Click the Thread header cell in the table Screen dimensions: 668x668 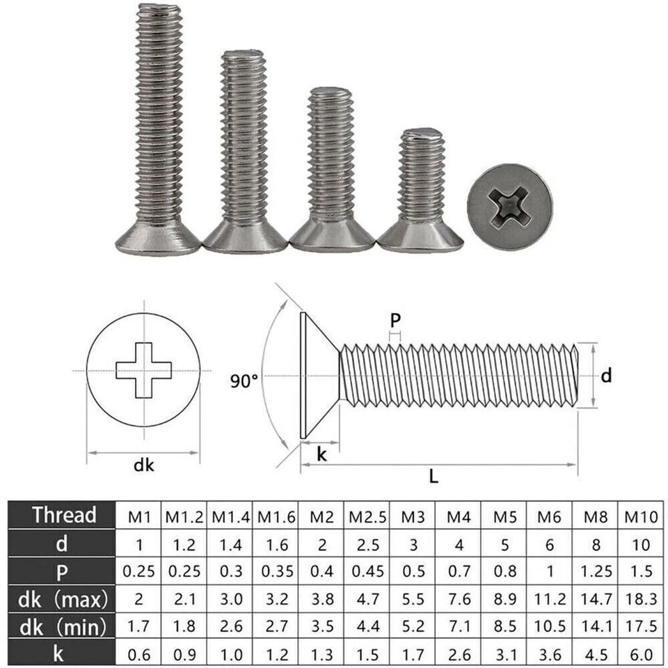click(x=63, y=516)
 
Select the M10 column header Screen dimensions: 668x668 click(x=638, y=516)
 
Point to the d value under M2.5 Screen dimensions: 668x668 click(x=367, y=544)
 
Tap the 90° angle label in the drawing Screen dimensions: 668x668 click(x=244, y=381)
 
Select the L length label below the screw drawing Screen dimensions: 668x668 click(x=434, y=476)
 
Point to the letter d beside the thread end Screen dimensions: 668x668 click(x=607, y=376)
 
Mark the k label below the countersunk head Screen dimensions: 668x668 click(x=321, y=454)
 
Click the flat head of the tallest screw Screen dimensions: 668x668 click(x=157, y=240)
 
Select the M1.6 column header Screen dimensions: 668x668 click(x=277, y=516)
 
